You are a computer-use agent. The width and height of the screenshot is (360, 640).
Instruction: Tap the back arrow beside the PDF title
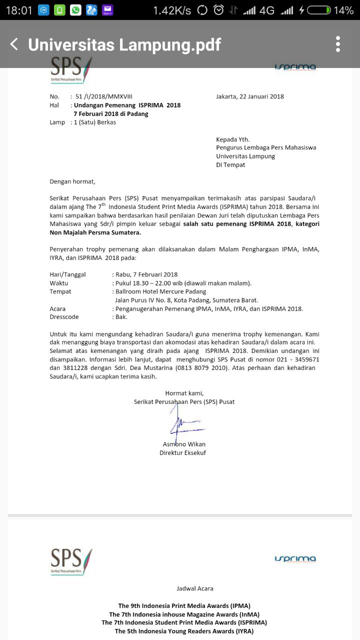click(14, 44)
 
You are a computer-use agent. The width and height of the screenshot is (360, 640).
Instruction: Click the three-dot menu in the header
click(338, 44)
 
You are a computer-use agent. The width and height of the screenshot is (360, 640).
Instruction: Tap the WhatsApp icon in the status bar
click(75, 10)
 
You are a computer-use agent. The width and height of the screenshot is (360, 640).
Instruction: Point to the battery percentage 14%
click(343, 10)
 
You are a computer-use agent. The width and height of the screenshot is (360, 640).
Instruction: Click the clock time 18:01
click(18, 10)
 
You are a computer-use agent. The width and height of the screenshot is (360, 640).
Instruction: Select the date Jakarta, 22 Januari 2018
click(250, 96)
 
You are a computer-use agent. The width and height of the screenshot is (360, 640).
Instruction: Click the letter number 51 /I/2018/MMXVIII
click(103, 96)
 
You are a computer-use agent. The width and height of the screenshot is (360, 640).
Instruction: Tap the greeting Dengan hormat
click(72, 181)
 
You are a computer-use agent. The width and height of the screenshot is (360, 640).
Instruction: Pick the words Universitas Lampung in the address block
click(245, 156)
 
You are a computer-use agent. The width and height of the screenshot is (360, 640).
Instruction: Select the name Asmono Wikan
click(184, 444)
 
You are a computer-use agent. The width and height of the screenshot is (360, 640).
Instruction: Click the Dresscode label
click(64, 317)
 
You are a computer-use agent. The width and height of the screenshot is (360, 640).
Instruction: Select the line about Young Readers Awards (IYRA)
click(184, 631)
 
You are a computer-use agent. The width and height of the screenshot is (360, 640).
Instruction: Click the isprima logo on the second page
click(295, 558)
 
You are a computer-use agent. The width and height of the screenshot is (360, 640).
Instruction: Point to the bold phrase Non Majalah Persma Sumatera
click(95, 232)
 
